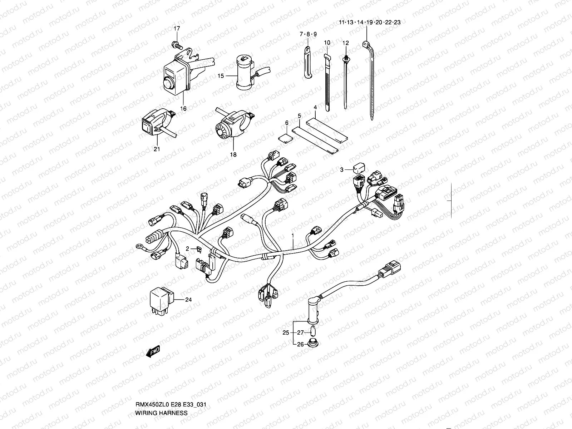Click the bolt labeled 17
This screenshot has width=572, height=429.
(177, 45)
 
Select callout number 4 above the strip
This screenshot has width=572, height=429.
(315, 107)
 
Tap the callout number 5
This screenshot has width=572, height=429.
(300, 115)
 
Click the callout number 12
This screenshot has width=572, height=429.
(345, 43)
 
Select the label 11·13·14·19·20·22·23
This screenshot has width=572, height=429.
(370, 22)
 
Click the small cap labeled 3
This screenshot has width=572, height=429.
(359, 167)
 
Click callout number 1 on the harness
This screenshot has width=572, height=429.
(293, 236)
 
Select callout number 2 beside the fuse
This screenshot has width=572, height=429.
(187, 248)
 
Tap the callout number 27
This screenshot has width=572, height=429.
(300, 333)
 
